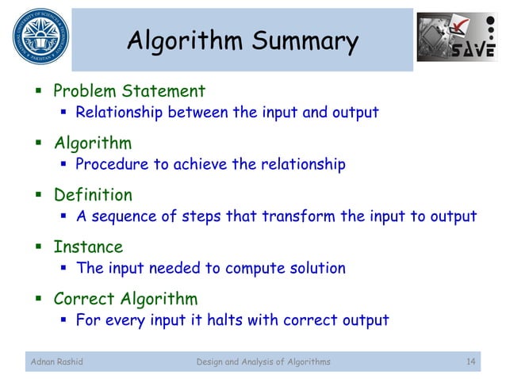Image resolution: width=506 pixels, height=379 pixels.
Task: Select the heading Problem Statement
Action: (x=129, y=91)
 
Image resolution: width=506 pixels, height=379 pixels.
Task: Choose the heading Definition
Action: (x=93, y=195)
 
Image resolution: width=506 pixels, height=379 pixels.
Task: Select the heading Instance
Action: (x=88, y=247)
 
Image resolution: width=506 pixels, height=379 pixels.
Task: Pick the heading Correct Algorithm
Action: (x=125, y=299)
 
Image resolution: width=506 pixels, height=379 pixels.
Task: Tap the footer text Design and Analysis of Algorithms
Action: (x=263, y=362)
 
